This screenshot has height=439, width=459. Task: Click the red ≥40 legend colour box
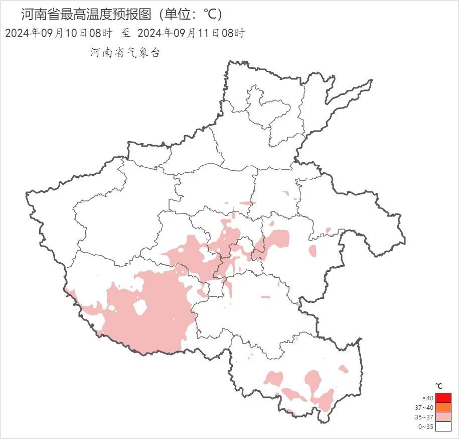[x=443, y=398]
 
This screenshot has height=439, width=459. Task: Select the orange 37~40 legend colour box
[x=443, y=407]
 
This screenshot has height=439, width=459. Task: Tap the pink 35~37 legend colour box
[x=443, y=417]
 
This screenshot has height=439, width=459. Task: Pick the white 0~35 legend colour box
[x=443, y=426]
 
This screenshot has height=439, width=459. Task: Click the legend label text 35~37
[x=425, y=417]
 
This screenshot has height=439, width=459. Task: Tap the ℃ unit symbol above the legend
[x=439, y=386]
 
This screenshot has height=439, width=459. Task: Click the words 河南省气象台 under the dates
[x=125, y=53]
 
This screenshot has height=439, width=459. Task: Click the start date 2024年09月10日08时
[x=58, y=34]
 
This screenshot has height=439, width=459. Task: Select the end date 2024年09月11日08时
[x=191, y=34]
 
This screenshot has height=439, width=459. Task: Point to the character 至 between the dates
[x=125, y=34]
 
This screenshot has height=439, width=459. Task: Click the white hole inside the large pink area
[x=140, y=307]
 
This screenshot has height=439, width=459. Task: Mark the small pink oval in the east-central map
[x=313, y=250]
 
